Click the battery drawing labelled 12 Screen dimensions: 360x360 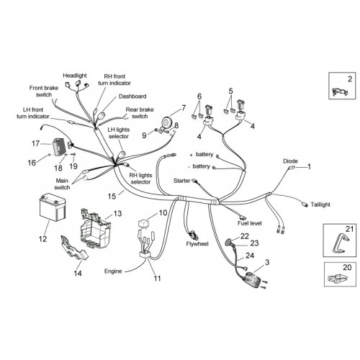pos(53,207)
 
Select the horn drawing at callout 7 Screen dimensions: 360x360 pos(166,122)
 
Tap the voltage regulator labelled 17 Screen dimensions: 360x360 pos(58,147)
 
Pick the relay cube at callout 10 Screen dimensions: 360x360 pos(143,224)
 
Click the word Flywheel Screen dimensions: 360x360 pos(197,244)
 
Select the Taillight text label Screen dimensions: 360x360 pos(320,204)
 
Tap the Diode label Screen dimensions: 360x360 pos(290,161)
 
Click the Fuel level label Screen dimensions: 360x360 pos(250,223)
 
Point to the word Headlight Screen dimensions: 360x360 pos(75,76)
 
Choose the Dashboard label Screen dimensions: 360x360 pos(132,96)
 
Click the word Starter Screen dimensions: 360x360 pos(181,181)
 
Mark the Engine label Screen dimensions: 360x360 pos(113,271)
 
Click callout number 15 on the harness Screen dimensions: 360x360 pos(112,196)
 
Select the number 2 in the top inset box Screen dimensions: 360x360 pos(350,79)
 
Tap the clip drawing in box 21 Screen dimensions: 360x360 pos(340,243)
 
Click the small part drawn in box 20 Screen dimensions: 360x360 pos(337,278)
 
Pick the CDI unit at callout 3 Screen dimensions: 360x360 pos(253,279)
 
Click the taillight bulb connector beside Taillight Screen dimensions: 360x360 pos(305,204)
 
